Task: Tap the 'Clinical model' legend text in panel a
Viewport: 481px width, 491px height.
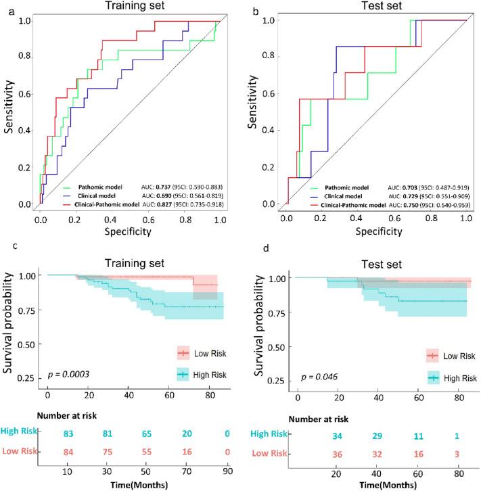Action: click(x=94, y=195)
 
